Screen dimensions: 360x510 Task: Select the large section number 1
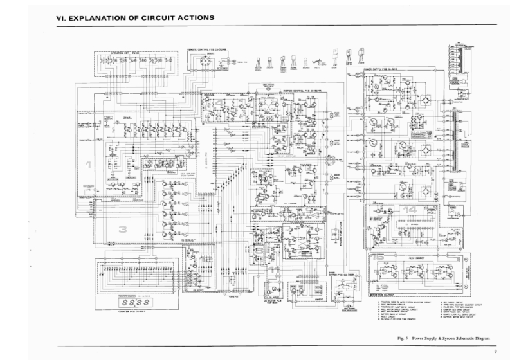(89, 165)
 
